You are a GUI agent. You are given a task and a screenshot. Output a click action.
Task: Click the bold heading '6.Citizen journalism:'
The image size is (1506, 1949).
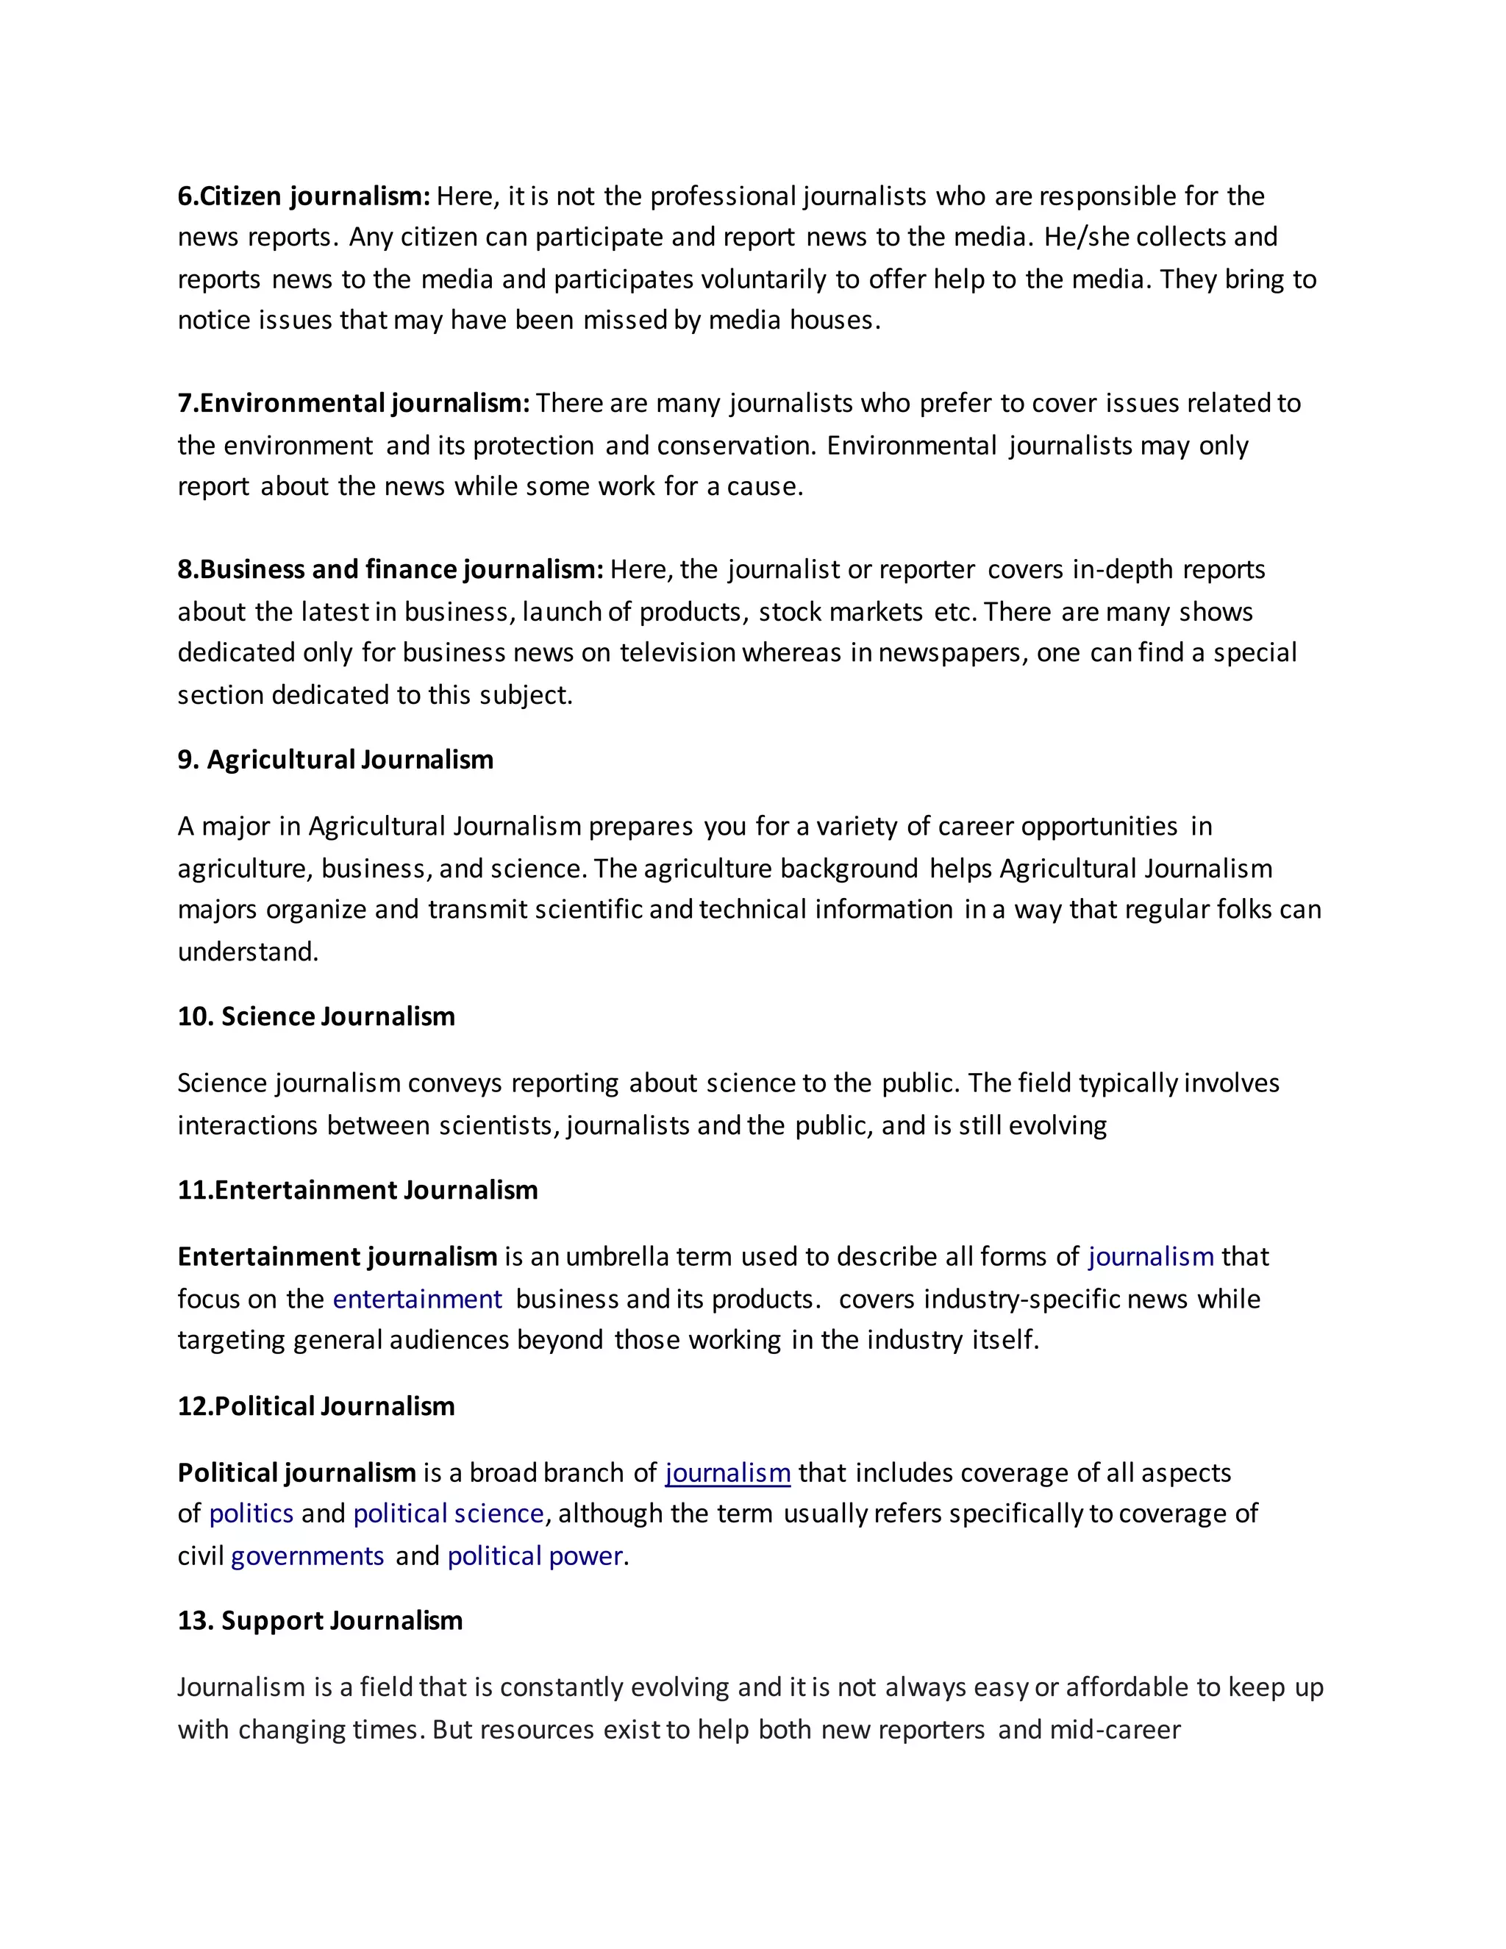(x=304, y=196)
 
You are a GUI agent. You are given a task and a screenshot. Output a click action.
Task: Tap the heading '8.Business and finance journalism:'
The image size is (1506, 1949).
(x=390, y=569)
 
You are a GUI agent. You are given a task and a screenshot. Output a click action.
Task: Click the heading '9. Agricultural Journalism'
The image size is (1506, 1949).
(x=335, y=760)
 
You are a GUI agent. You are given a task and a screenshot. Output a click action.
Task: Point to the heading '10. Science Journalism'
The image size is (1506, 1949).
(x=315, y=1016)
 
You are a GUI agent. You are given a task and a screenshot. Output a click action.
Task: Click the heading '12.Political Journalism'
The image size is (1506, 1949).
(x=315, y=1406)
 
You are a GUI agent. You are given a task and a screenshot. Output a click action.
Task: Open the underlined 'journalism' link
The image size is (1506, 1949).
(x=728, y=1473)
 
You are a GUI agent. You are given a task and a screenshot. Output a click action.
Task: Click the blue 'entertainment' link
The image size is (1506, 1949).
(x=418, y=1300)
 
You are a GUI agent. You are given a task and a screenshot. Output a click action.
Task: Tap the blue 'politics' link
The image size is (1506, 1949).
(x=251, y=1514)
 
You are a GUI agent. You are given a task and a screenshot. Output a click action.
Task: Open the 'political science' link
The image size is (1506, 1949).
(x=449, y=1514)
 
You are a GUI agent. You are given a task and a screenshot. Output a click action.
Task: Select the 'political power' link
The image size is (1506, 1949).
(x=535, y=1556)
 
